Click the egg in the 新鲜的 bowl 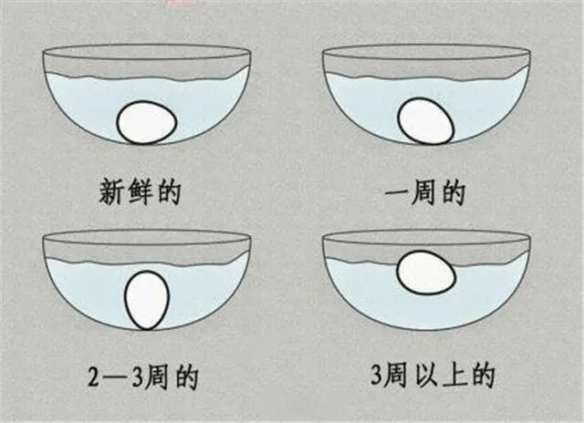[x=147, y=122]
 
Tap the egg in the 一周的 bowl [x=426, y=121]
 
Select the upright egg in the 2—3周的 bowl [x=147, y=300]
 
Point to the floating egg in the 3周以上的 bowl [x=426, y=273]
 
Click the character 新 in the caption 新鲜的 [x=112, y=191]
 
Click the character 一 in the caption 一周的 [x=397, y=193]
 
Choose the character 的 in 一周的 [x=454, y=192]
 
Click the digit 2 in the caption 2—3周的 [x=94, y=377]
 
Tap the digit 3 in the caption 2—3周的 [x=138, y=377]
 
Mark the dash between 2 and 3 [x=116, y=377]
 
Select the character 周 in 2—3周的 [x=157, y=377]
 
